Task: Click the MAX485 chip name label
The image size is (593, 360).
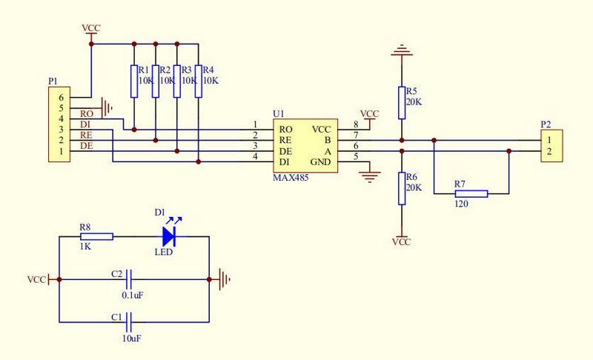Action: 292,179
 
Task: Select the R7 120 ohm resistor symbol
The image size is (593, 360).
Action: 471,193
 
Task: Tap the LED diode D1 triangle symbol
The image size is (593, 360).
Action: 169,236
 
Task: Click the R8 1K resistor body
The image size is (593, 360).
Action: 96,236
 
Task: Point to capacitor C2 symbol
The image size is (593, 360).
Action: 130,280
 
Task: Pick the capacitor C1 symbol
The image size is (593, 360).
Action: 130,322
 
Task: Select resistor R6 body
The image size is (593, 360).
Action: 401,188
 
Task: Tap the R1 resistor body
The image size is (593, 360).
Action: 133,81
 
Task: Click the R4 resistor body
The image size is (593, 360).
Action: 199,81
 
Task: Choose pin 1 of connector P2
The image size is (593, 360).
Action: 549,139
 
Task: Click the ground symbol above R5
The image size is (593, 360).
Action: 401,52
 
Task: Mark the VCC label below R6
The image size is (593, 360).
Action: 401,242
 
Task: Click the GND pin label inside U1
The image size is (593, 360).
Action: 321,161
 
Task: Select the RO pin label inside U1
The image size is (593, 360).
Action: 285,128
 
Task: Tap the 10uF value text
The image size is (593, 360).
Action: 131,338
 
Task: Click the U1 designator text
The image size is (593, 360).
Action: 278,113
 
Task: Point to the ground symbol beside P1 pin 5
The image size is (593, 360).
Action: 108,108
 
